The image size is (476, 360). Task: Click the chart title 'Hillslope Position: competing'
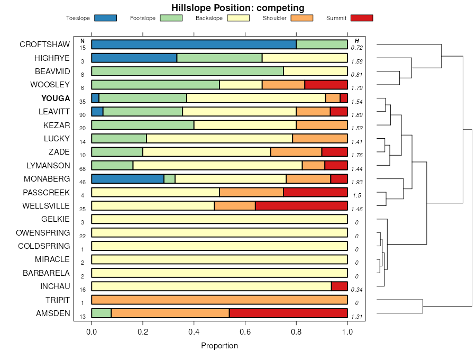(x=237, y=7)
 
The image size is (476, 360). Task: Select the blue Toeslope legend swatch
(x=105, y=18)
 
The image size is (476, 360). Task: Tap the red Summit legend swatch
(x=362, y=18)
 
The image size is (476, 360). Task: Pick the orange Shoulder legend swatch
(x=302, y=18)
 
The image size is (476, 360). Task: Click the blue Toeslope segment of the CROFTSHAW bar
(x=194, y=44)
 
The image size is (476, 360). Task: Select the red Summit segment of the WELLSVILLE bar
(x=301, y=206)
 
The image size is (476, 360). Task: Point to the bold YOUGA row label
(x=56, y=98)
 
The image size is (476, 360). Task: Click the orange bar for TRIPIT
(x=219, y=300)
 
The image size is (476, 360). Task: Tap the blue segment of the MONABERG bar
(x=127, y=179)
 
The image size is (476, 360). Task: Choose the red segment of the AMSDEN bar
(x=288, y=313)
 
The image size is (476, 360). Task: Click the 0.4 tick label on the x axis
(x=194, y=332)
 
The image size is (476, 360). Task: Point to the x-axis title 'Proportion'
(x=219, y=346)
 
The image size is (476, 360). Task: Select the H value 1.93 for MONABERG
(x=357, y=182)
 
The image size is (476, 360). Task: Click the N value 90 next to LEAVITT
(x=83, y=115)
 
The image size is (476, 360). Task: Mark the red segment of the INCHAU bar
(x=339, y=286)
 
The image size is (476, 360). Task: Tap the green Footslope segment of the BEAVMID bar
(x=187, y=71)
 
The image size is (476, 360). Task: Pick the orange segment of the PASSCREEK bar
(x=251, y=192)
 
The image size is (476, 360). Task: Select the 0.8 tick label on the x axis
(x=296, y=332)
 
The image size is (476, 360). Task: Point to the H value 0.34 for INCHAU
(x=357, y=290)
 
